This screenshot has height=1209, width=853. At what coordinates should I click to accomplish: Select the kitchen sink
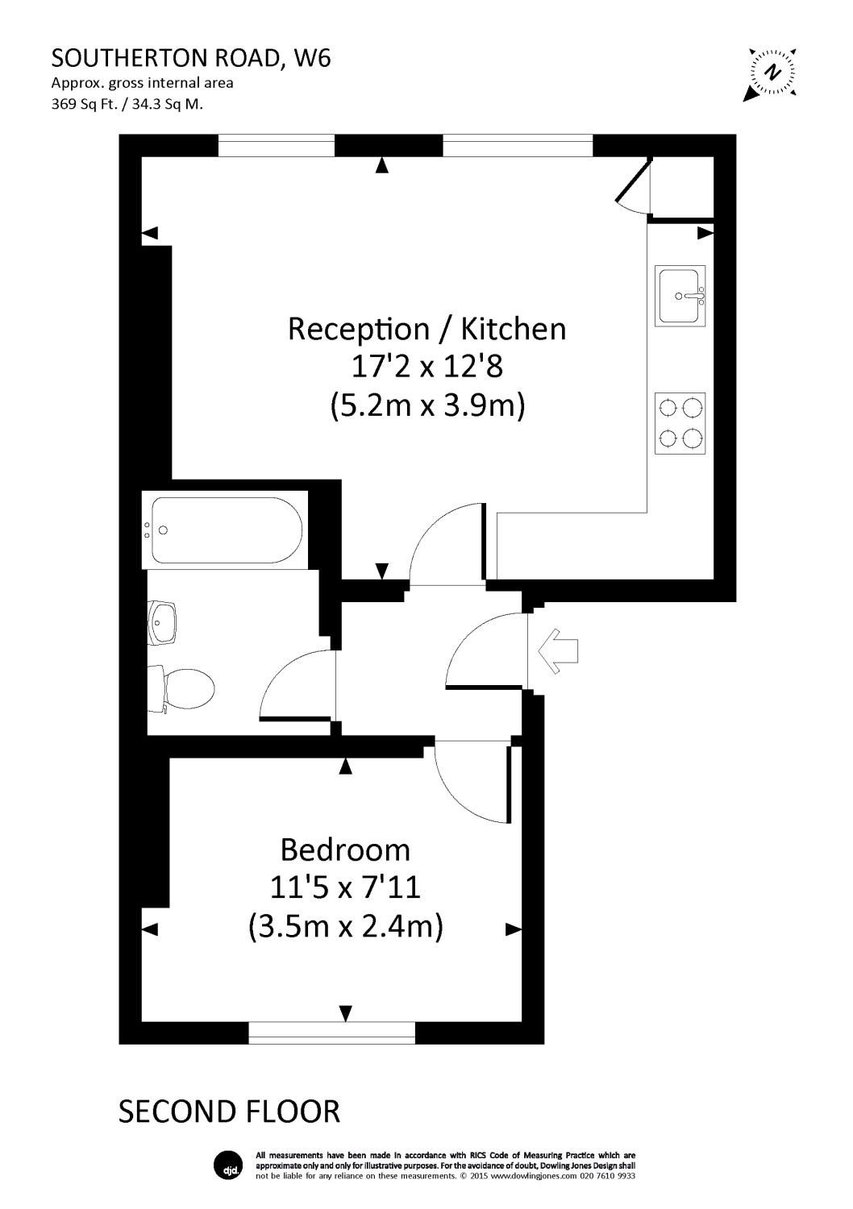[x=681, y=296]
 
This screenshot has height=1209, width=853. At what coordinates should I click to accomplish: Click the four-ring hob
[x=681, y=423]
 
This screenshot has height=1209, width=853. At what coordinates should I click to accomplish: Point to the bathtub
[x=227, y=530]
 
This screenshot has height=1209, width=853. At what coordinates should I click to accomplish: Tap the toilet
[x=184, y=690]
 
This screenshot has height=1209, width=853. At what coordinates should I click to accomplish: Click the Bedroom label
[x=344, y=850]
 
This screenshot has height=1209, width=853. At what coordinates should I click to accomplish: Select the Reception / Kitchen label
[x=426, y=329]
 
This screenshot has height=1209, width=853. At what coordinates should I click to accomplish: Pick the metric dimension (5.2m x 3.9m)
[x=426, y=405]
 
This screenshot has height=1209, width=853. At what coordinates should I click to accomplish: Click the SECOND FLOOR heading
[x=229, y=1111]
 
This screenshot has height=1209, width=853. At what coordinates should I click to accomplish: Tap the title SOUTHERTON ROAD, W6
[x=191, y=58]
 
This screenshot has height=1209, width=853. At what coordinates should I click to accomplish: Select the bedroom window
[x=332, y=1032]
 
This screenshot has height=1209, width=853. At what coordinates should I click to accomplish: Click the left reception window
[x=277, y=146]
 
